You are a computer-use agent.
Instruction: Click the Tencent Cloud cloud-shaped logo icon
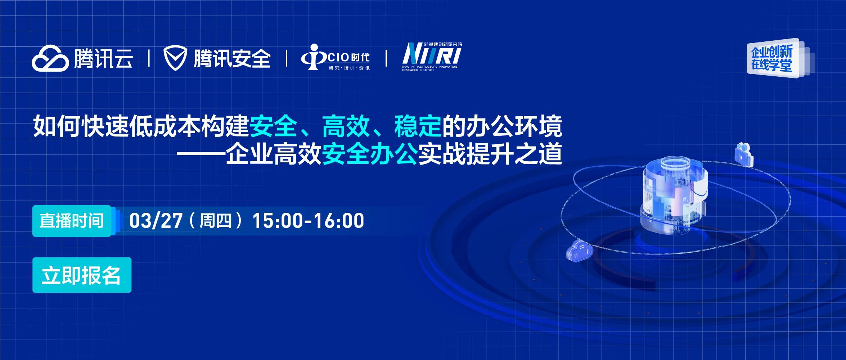50,58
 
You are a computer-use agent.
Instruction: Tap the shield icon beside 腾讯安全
175,59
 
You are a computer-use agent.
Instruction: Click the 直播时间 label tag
72,221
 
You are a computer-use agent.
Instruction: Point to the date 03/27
156,221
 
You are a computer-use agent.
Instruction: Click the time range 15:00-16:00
308,221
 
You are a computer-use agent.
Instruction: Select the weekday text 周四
215,221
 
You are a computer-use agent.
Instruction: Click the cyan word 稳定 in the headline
418,126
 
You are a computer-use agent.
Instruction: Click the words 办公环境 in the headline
514,126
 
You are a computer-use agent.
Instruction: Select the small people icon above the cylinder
744,155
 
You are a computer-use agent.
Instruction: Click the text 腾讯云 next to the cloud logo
103,59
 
